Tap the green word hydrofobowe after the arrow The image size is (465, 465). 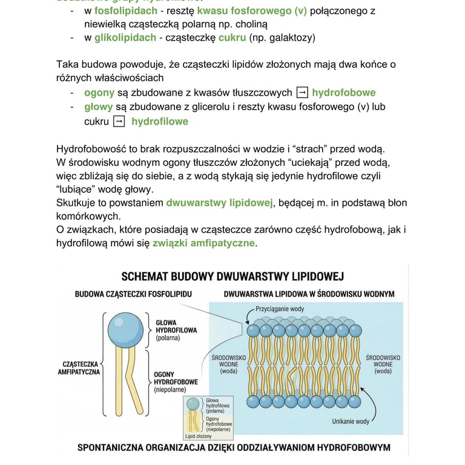point(343,93)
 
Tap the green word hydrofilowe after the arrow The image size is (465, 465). point(160,121)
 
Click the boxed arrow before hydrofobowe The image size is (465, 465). point(302,93)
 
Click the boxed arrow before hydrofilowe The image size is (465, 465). point(119,121)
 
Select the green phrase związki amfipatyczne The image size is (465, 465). point(204,243)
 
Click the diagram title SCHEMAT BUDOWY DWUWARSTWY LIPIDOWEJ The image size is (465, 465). point(232,277)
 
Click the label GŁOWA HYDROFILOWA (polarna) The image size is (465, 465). point(175,331)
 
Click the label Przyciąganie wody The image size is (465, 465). point(280,309)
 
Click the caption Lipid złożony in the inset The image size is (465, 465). point(199,435)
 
